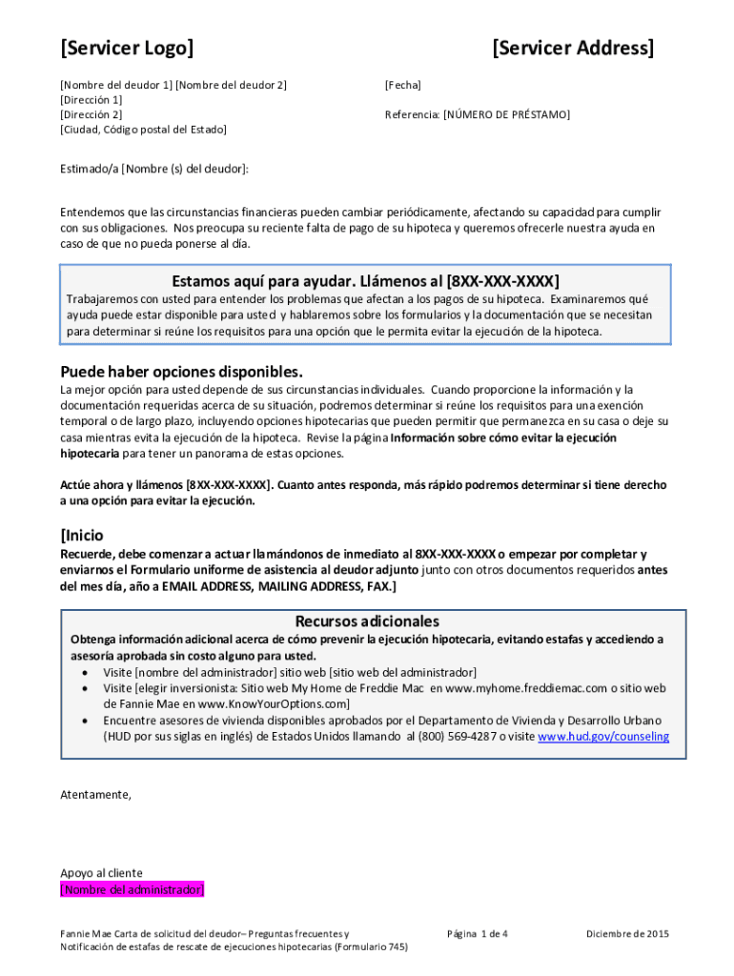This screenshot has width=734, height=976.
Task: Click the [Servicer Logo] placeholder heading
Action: [x=127, y=48]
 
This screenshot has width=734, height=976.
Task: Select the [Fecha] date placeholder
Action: [x=402, y=85]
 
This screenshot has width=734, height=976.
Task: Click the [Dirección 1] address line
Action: [x=92, y=99]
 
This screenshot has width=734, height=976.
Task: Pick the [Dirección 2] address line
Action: [x=92, y=114]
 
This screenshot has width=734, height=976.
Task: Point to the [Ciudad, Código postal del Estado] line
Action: [x=143, y=129]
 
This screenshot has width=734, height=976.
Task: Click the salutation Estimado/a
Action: [x=90, y=169]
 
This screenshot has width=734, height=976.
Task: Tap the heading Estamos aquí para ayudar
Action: [x=263, y=281]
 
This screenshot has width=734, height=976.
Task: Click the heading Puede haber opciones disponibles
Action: [x=181, y=371]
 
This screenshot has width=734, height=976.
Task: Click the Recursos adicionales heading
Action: [x=367, y=620]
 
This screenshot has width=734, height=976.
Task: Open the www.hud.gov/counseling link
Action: [x=603, y=737]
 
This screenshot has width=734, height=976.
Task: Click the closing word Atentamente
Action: [x=96, y=794]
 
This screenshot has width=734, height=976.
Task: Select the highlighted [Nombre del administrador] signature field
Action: [x=133, y=889]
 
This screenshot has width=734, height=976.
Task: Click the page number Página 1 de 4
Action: [x=477, y=934]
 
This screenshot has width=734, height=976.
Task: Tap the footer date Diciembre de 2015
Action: [x=627, y=934]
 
